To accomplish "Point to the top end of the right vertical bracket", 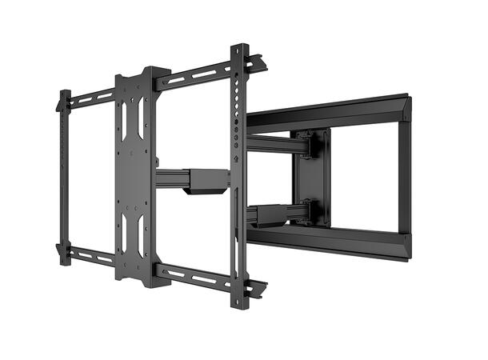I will click(x=239, y=50).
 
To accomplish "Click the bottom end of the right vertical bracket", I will click(x=239, y=302).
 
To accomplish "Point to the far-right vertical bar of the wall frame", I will click(x=406, y=176).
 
